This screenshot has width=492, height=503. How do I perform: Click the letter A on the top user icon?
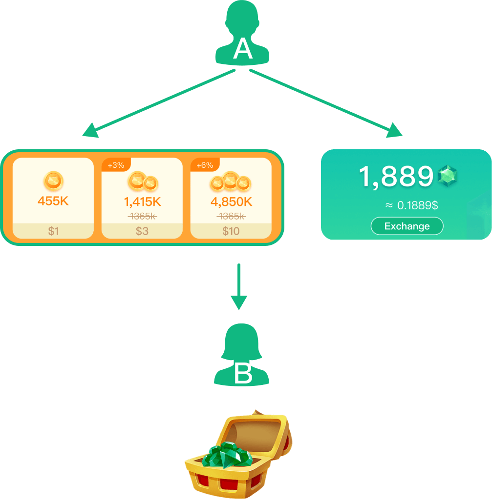(243, 49)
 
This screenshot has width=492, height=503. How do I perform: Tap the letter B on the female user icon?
(243, 374)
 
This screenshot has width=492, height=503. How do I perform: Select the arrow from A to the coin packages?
(159, 103)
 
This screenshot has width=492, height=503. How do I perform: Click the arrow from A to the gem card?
(326, 103)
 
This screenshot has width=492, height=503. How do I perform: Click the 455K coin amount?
(53, 201)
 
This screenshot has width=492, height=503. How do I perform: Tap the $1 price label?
(53, 231)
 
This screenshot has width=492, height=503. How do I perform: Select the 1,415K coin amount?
(142, 201)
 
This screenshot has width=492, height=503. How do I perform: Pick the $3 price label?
(142, 231)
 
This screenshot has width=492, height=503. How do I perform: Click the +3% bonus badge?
(116, 165)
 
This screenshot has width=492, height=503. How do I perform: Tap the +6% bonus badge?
(205, 165)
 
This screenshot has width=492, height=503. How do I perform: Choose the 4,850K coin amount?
(231, 201)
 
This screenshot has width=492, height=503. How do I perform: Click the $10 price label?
(231, 231)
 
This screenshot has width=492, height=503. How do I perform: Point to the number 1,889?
(396, 177)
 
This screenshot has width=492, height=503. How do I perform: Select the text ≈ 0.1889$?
(411, 205)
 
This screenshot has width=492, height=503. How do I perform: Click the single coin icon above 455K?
(54, 181)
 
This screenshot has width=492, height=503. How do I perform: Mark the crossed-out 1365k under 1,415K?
(142, 216)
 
